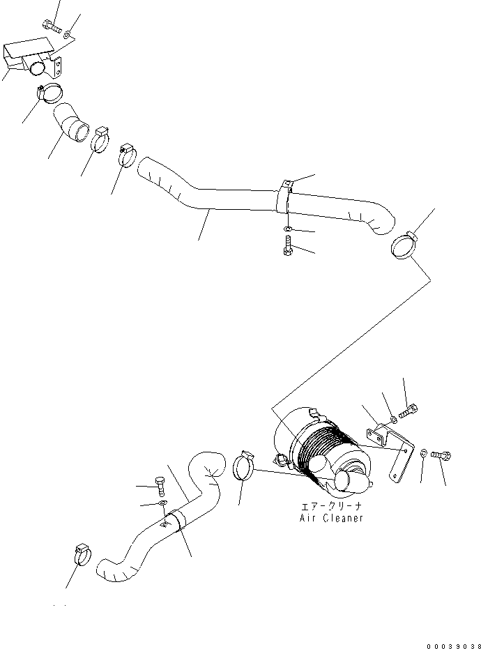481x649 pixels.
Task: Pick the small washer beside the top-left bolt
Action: pos(68,34)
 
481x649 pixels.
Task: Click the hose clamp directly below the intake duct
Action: pos(47,91)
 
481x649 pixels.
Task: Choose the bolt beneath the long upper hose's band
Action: pos(287,245)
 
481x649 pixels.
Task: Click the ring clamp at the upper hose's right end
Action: pos(402,244)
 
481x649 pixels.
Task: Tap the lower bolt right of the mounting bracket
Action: pos(442,455)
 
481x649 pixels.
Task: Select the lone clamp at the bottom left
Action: pos(81,554)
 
